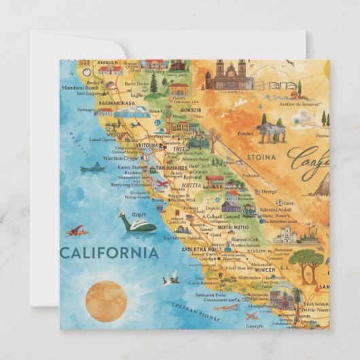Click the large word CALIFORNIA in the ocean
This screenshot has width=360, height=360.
(x=109, y=253)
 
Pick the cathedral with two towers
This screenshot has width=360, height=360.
(x=230, y=76)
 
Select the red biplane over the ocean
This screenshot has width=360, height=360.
(x=78, y=231)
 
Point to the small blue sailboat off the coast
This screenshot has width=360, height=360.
(x=93, y=166)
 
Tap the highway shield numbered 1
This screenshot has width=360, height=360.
(x=145, y=156)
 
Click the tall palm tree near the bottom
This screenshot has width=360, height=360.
(x=297, y=296)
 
